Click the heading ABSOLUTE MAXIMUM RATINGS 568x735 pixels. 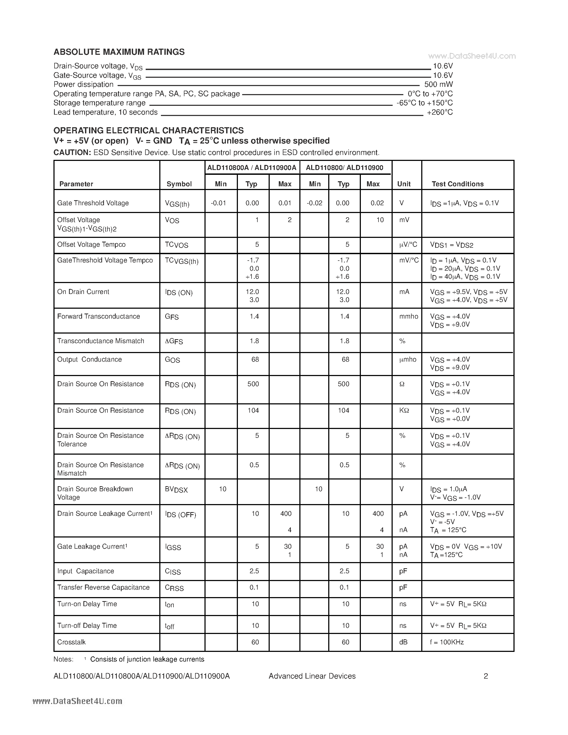pos(119,52)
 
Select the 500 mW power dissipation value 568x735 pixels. pos(438,84)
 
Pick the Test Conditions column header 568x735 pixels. pos(457,184)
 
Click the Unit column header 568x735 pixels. pos(404,184)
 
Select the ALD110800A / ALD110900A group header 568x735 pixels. pos(252,168)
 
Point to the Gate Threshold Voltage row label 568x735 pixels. pos(93,203)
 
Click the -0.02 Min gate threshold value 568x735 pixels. pos(315,203)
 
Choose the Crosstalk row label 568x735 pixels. pos(71,642)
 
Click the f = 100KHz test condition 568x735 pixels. pos(447,642)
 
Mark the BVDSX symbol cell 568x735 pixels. pos(176,490)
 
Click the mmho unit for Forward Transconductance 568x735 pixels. pos(408,316)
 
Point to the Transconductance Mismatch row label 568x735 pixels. pos(101,341)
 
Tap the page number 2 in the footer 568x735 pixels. pos(486,676)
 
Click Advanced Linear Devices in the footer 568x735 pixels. pos(312,676)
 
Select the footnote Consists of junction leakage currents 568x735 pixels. pos(147,659)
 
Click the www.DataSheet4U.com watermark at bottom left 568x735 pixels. pos(78,701)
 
